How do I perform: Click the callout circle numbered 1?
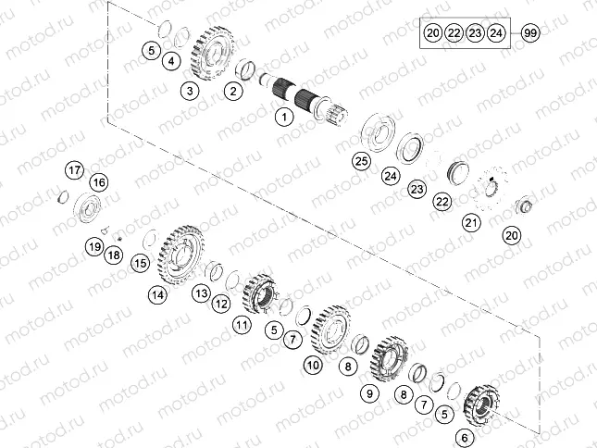point(285,117)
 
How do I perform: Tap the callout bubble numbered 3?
point(189,91)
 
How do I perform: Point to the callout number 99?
point(530,32)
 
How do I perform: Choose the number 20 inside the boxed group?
point(432,32)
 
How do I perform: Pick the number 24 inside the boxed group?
point(496,32)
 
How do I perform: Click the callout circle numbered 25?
point(361,161)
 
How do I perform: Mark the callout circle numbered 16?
point(98,181)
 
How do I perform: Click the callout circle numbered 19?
point(94,246)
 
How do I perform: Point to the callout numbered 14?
point(158,294)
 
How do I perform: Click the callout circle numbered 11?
point(242,324)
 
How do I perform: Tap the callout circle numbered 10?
point(313,366)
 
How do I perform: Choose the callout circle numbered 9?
point(369,393)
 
